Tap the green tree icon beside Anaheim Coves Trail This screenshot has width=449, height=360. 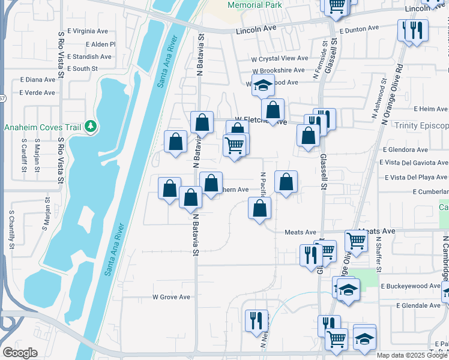[x=91, y=126]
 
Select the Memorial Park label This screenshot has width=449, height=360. [x=255, y=5]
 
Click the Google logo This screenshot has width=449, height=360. [x=20, y=353]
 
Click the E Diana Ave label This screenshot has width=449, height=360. [x=37, y=79]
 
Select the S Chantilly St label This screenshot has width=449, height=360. [x=11, y=230]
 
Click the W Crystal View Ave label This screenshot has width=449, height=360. [x=280, y=59]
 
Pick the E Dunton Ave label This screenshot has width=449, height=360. [x=359, y=28]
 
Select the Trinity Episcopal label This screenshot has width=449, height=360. [x=421, y=125]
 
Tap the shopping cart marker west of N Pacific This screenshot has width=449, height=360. [x=234, y=144]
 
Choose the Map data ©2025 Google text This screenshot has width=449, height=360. [x=412, y=355]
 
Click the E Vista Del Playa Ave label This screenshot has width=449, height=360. [x=416, y=177]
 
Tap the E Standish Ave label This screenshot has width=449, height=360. [x=89, y=57]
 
